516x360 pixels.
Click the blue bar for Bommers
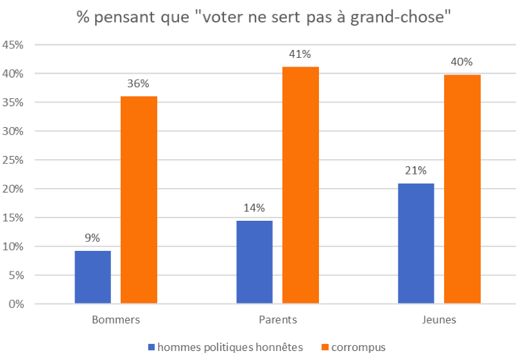tap(92, 277)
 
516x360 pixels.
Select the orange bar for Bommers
tap(139, 200)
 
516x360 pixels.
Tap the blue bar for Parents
tap(254, 262)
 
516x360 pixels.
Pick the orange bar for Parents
tap(300, 185)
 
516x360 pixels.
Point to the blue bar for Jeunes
tap(416, 243)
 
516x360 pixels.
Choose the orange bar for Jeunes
tap(462, 189)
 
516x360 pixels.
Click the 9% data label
tap(92, 238)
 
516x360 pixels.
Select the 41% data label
tap(300, 55)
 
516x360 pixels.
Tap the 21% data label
tap(416, 171)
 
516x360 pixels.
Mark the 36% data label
tap(139, 83)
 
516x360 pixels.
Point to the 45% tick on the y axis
tap(13, 45)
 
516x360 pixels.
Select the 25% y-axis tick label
tap(13, 160)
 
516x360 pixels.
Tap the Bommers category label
tap(116, 320)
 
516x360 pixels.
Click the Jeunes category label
tap(439, 320)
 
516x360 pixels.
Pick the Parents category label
tap(277, 320)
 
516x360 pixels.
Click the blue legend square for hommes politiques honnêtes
tap(151, 347)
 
